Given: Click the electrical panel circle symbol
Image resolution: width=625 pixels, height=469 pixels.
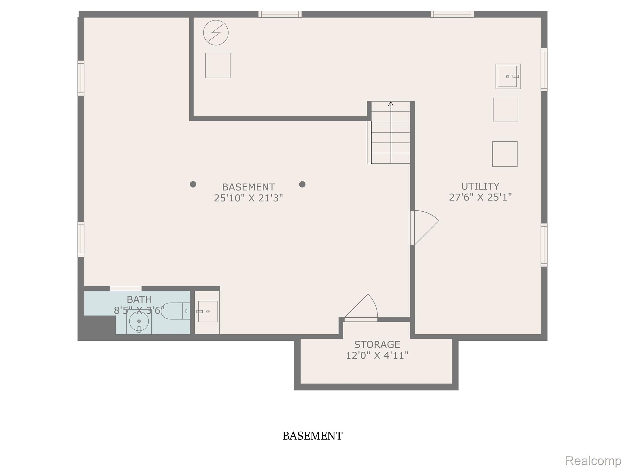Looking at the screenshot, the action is [x=216, y=33].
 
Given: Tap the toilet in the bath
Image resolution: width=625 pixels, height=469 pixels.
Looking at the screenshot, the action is [x=175, y=311].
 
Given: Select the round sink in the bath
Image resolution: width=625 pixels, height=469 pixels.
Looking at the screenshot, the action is [x=139, y=322].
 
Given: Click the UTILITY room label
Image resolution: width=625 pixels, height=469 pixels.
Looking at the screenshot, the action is [x=480, y=186].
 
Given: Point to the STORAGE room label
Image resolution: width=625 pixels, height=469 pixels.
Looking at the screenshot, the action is [x=377, y=344].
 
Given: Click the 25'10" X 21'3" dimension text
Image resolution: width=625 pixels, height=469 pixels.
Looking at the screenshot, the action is [x=248, y=198].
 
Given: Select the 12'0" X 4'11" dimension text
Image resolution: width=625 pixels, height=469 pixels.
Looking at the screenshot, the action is [x=377, y=355].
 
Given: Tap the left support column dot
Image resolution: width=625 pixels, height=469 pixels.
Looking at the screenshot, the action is [x=193, y=184].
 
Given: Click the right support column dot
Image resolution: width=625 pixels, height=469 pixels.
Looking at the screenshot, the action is [x=302, y=184].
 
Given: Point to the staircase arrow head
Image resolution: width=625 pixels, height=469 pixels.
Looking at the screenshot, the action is [x=391, y=104].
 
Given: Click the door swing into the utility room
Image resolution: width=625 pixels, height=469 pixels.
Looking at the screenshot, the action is [x=425, y=227].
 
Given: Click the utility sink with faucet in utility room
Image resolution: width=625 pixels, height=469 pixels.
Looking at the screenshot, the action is [x=508, y=76].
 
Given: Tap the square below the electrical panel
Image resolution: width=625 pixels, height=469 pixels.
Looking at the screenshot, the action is [x=218, y=65].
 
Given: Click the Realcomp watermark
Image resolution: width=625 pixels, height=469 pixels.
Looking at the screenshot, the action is [x=593, y=460].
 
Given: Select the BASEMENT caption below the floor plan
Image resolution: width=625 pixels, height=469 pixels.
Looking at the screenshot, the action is [x=312, y=436].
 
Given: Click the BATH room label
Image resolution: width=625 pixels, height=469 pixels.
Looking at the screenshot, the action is [x=139, y=299].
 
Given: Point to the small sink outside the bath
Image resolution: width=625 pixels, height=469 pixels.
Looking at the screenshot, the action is [x=208, y=311].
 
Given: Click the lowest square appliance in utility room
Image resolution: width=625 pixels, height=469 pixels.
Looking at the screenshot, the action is [x=505, y=154].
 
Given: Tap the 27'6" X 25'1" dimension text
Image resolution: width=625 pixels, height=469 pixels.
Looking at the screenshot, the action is [x=480, y=197].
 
